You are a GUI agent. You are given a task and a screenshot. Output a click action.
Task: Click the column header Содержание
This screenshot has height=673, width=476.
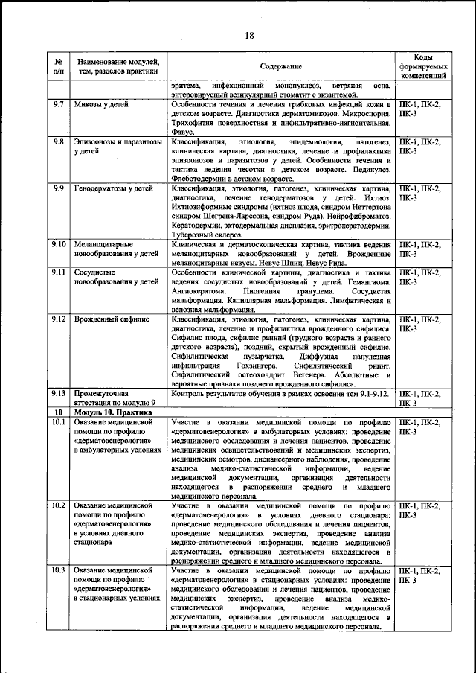pos(280,66)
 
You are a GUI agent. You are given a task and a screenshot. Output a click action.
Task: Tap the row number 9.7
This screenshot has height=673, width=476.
pos(59,104)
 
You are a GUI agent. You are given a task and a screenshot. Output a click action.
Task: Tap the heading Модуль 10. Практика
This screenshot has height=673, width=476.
pos(112,411)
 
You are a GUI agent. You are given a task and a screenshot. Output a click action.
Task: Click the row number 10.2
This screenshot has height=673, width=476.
pos(59,505)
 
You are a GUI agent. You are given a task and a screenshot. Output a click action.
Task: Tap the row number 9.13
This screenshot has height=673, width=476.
pos(59,392)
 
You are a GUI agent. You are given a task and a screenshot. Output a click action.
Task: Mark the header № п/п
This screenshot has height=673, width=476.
pos(59,66)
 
